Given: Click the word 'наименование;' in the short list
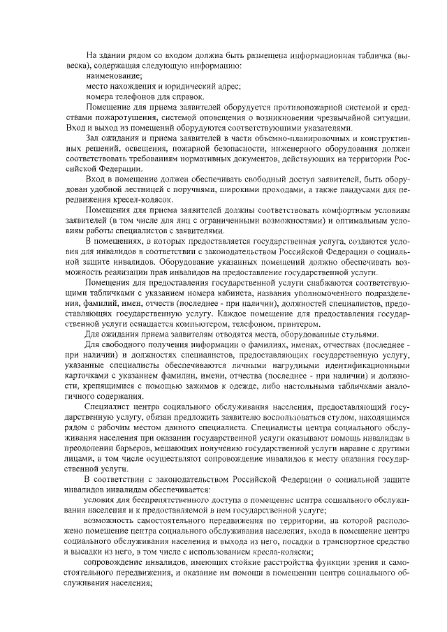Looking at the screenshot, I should coord(114,75).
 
